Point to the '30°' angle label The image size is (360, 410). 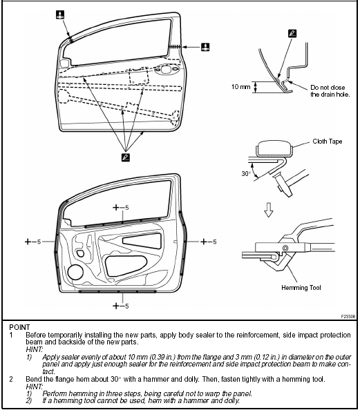pos(247,173)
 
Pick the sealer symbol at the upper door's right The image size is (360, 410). pos(205,46)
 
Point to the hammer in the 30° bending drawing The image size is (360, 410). pos(283,181)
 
